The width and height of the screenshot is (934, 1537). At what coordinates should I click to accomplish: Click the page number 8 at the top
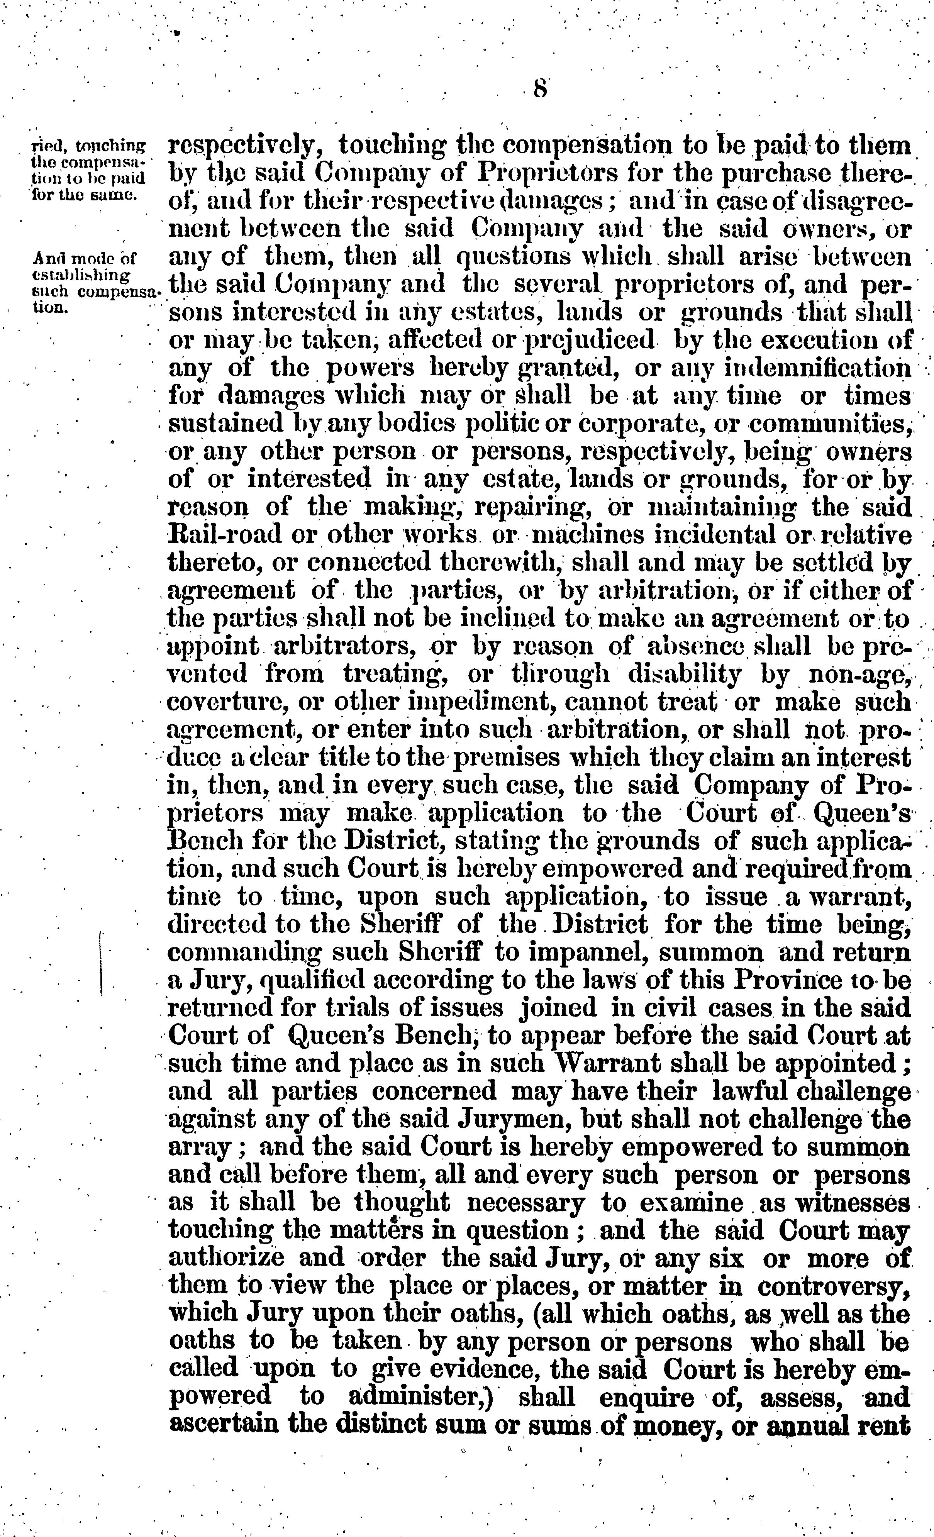[x=540, y=88]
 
